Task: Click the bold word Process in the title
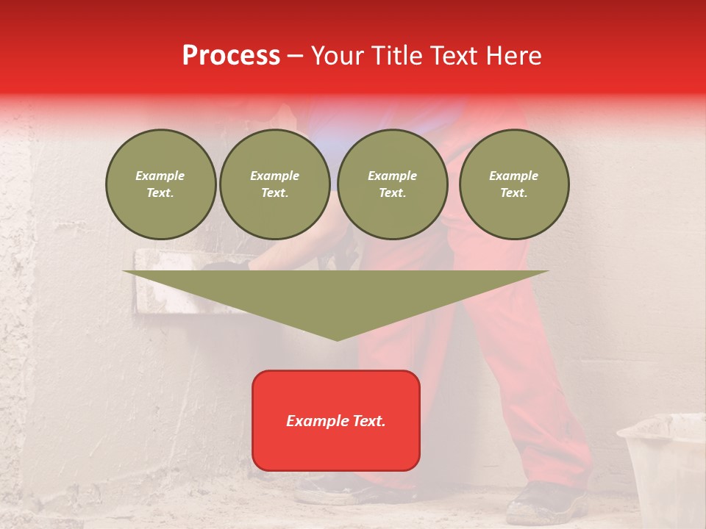231,56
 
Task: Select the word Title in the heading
398,56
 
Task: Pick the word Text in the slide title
455,56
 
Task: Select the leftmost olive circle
161,184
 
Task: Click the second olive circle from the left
275,184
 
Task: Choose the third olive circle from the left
393,184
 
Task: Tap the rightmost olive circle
514,184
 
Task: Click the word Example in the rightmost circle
513,176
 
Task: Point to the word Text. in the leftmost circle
160,193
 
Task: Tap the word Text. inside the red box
369,421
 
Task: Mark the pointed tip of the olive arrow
337,339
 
